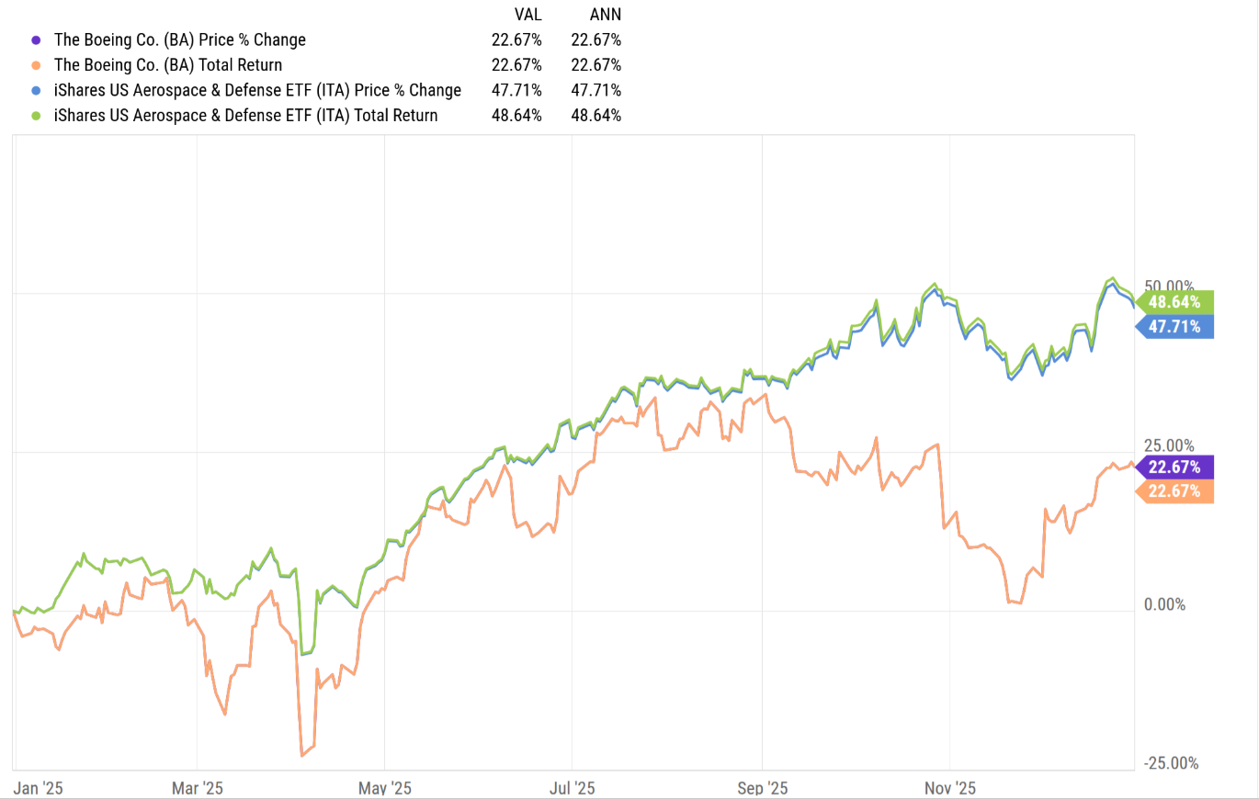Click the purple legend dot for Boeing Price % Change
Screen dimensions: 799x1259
coord(36,40)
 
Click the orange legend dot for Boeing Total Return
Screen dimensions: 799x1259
coord(36,65)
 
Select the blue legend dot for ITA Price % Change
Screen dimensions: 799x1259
coord(36,90)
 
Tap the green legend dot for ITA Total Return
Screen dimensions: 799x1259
coord(36,116)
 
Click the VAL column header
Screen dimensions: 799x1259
coord(527,15)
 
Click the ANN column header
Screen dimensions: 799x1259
coord(606,15)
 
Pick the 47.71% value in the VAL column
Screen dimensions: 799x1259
coord(516,90)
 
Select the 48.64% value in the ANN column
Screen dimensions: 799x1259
coord(595,116)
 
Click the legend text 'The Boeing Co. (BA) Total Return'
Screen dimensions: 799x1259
coord(168,65)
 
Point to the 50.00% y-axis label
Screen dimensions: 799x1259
coord(1169,286)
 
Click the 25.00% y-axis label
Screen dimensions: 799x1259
coord(1169,445)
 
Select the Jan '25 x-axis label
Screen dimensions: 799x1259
coord(38,788)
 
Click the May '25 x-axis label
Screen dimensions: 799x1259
coord(385,788)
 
